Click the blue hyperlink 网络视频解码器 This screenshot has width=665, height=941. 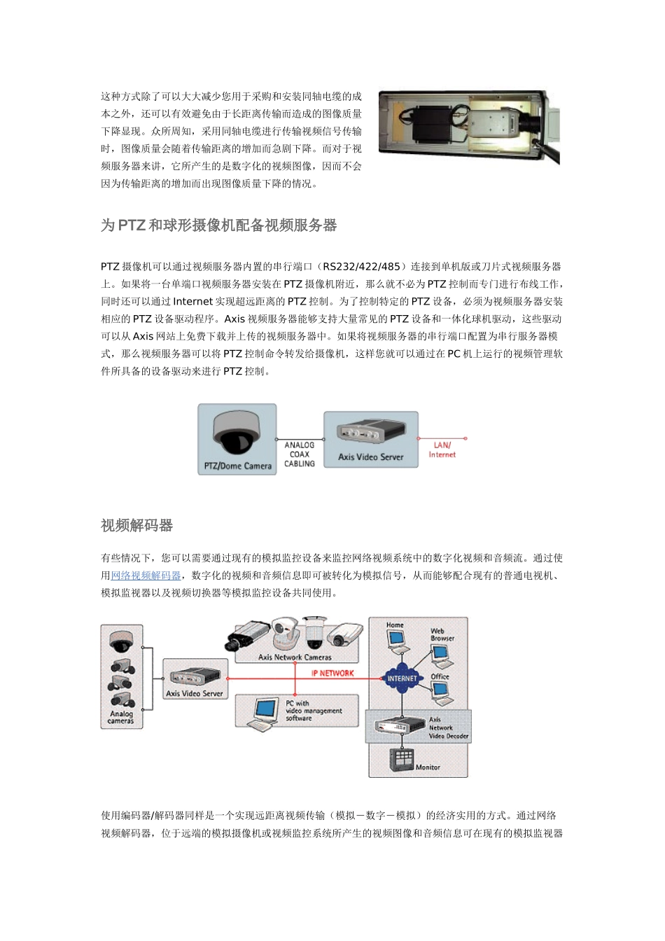coord(146,576)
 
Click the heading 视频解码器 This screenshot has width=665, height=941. coord(136,526)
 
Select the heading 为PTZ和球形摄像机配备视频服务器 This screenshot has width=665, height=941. coord(218,225)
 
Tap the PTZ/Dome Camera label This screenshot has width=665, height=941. coord(237,466)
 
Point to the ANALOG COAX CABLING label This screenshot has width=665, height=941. coord(300,454)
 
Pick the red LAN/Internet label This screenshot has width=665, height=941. coord(442,450)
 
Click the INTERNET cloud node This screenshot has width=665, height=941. coord(402,678)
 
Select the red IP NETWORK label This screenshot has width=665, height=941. coord(332,674)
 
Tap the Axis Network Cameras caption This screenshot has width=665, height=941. coord(295,657)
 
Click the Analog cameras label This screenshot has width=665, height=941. coord(121,717)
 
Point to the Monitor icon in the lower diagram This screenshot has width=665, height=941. coord(402,760)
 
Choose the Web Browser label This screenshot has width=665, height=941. coord(442,634)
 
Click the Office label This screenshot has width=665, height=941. coord(440,676)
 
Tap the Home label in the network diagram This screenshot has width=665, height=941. coord(395,625)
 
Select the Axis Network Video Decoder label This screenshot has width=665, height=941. coord(448,728)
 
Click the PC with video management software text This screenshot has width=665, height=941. coord(313,711)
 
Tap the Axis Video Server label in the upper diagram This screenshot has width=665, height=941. coord(370,457)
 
